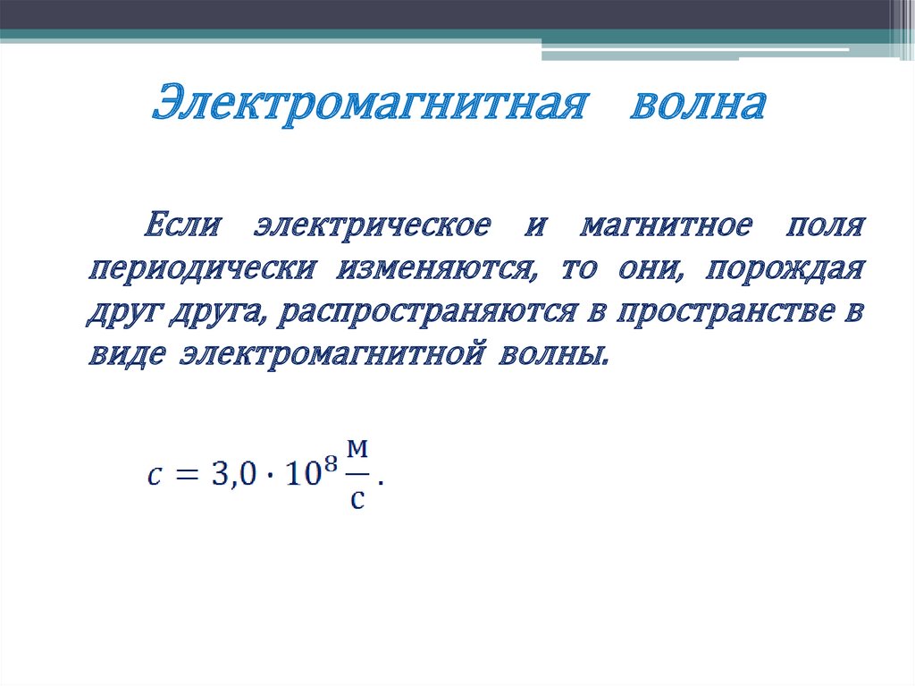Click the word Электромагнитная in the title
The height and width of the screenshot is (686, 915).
click(x=368, y=105)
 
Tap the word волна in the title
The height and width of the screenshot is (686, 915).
click(x=699, y=105)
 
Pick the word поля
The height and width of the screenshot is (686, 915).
click(x=825, y=224)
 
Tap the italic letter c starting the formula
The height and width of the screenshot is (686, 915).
click(x=155, y=476)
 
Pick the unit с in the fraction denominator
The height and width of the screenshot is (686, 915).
click(x=357, y=498)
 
